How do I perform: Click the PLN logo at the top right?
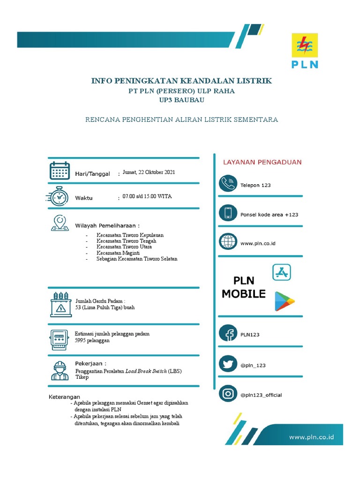(305, 51)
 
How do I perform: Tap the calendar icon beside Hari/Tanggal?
(60, 171)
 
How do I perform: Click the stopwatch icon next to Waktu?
(59, 196)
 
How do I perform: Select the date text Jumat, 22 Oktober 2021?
(149, 172)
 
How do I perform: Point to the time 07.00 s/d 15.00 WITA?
(147, 196)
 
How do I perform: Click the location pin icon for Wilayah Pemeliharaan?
(60, 222)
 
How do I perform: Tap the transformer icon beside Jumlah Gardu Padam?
(60, 305)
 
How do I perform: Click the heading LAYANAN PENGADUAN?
(262, 162)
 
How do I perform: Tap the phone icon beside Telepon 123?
(228, 184)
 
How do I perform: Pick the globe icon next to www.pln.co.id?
(228, 242)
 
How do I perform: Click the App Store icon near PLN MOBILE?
(282, 272)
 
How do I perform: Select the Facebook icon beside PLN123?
(228, 334)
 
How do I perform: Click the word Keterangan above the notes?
(65, 397)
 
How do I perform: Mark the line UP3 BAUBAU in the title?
(181, 100)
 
